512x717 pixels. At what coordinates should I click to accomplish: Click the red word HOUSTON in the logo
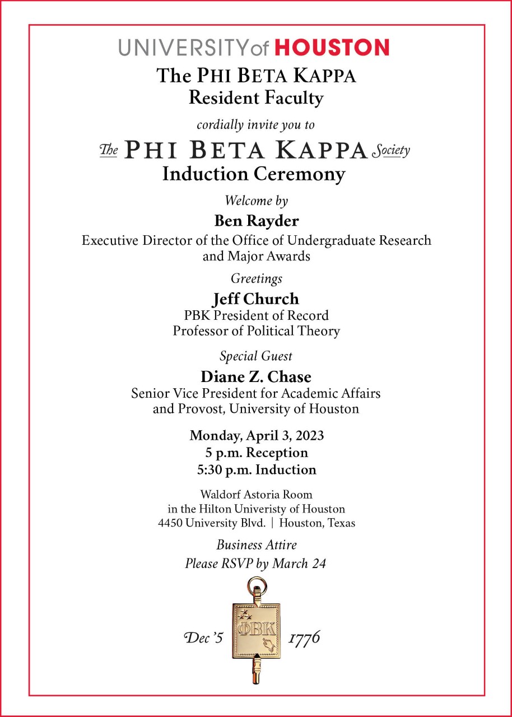(x=332, y=47)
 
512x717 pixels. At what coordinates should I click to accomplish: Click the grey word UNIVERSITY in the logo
(x=184, y=48)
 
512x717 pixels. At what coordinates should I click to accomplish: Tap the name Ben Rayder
(x=256, y=221)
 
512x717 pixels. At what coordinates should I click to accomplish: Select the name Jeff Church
(x=256, y=299)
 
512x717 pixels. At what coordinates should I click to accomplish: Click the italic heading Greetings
(x=256, y=278)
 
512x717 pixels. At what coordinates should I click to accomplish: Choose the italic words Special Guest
(x=256, y=356)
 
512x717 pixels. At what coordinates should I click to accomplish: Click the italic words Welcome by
(x=256, y=200)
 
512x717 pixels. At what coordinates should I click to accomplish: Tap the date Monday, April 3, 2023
(x=256, y=435)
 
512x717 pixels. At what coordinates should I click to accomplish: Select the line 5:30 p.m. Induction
(x=256, y=469)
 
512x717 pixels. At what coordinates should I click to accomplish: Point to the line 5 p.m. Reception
(x=256, y=452)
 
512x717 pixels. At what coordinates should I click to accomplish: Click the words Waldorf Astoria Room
(x=256, y=495)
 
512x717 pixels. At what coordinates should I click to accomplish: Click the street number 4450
(x=170, y=523)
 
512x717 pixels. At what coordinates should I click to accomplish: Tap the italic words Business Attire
(x=256, y=544)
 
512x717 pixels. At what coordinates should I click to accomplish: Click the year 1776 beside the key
(x=304, y=637)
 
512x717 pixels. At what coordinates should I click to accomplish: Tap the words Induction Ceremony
(x=253, y=174)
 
